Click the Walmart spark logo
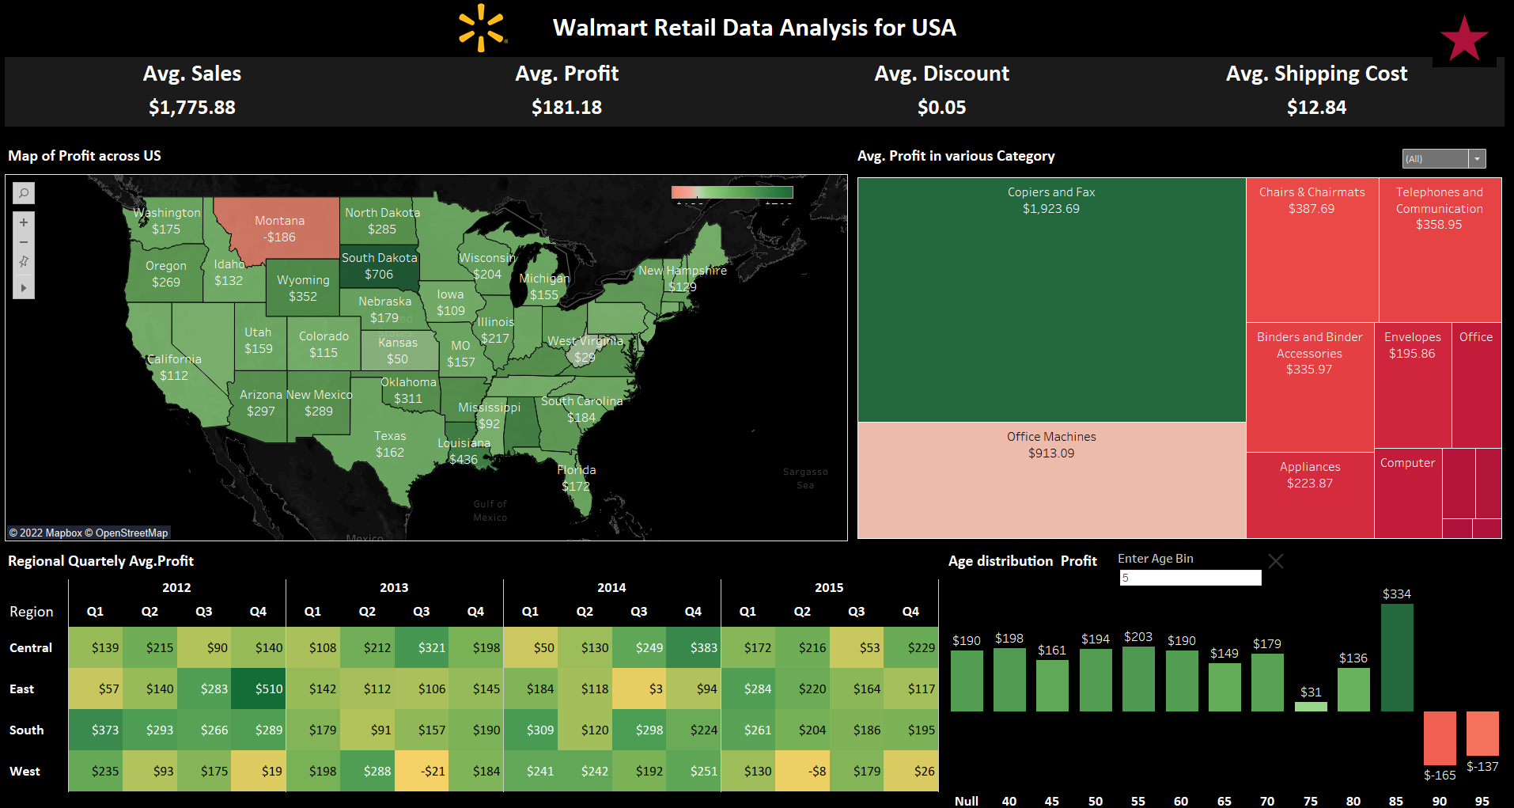481,28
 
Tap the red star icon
1463,40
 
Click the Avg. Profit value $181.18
566,107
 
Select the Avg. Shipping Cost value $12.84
1316,107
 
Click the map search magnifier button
24,193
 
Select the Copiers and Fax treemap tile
1051,301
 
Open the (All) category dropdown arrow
1477,159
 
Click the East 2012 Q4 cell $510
258,689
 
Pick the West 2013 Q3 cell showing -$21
422,771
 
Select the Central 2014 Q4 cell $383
693,647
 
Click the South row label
27,730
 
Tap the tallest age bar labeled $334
1396,657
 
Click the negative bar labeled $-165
1440,738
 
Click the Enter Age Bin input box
1190,578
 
